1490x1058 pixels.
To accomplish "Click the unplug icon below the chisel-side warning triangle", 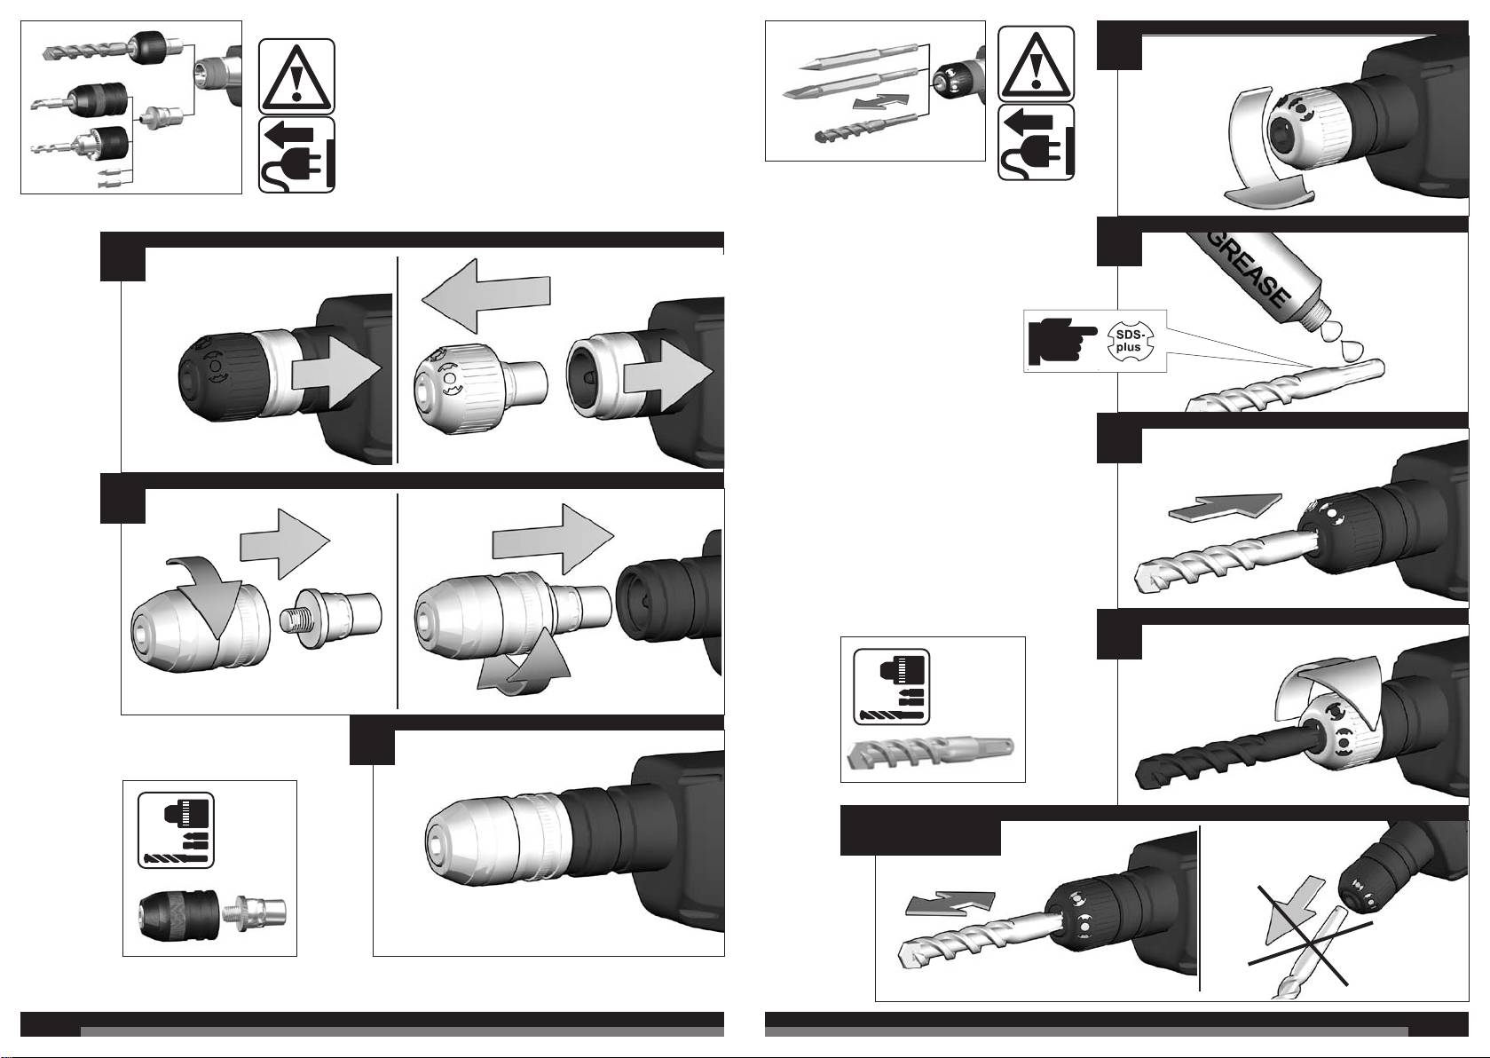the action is point(1036,142).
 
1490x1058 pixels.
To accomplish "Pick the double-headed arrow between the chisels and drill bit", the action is point(880,101).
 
